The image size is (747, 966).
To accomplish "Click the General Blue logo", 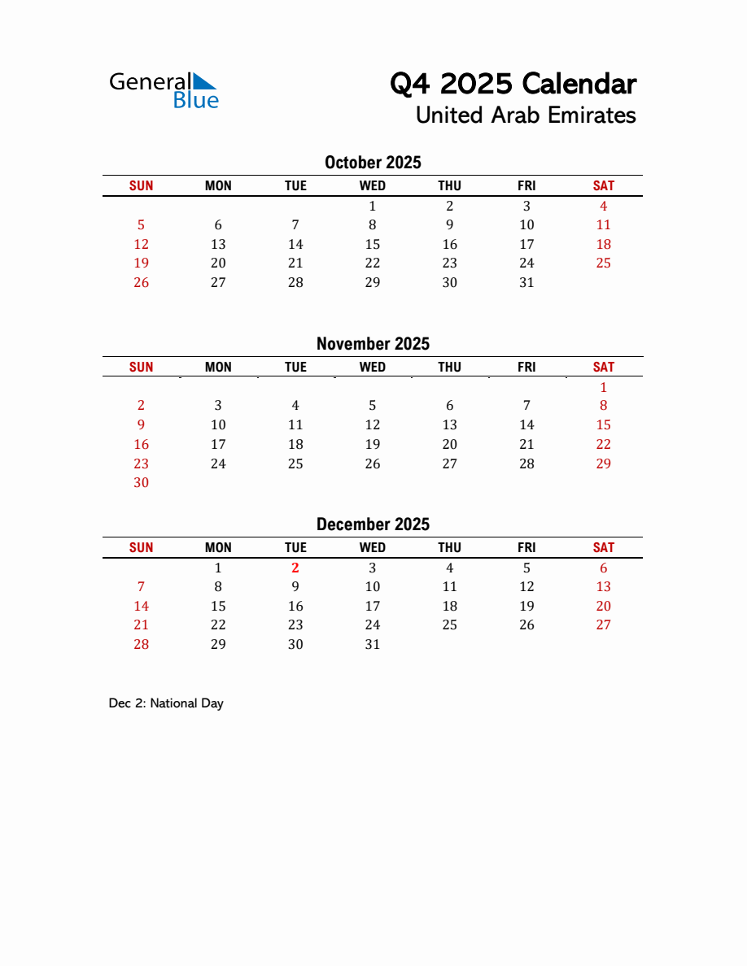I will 164,90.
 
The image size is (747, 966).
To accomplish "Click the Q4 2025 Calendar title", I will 513,84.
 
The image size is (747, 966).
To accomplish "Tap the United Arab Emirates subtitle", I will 525,115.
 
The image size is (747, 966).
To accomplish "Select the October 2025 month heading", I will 373,163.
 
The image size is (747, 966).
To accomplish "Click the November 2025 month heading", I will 373,344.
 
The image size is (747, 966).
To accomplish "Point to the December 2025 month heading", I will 373,524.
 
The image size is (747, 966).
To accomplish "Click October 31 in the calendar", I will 526,283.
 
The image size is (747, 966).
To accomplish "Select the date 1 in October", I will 373,206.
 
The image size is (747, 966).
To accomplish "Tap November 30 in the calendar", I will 142,483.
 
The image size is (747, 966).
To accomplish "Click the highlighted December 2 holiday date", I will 295,568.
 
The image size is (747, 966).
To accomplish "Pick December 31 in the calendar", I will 373,645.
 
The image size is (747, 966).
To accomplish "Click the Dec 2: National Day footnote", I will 166,703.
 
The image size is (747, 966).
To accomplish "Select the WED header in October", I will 373,186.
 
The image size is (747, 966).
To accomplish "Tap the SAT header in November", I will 603,368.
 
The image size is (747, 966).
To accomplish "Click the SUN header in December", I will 142,548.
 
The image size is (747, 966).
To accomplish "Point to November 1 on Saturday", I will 603,387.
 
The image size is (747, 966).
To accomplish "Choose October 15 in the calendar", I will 373,245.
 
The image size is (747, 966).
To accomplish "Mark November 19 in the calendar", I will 373,445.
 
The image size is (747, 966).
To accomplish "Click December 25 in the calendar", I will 449,625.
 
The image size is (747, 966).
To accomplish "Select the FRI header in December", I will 526,548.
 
